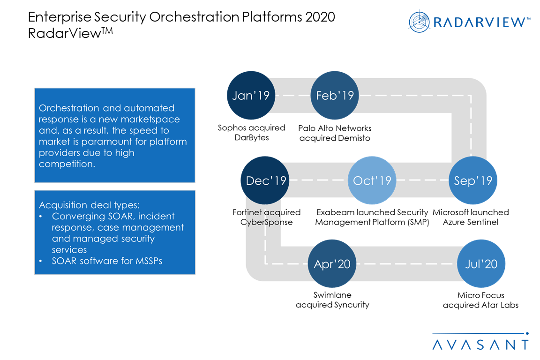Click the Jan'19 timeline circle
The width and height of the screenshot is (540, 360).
click(x=251, y=95)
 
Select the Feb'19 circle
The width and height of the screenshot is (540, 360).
click(x=335, y=95)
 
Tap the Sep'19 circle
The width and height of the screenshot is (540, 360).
click(x=472, y=180)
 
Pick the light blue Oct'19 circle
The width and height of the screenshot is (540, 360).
click(x=372, y=180)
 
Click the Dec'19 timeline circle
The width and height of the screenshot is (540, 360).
click(x=265, y=180)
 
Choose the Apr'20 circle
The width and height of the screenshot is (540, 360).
click(x=332, y=264)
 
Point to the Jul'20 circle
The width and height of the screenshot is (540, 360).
click(x=481, y=264)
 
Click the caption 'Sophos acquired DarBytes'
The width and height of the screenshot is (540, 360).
click(x=251, y=133)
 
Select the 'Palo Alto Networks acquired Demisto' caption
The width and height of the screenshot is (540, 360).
click(x=335, y=133)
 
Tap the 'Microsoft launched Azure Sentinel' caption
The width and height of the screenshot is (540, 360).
click(x=471, y=217)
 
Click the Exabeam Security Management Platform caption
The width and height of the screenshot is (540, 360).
click(x=372, y=217)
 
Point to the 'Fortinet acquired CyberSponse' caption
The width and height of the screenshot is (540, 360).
click(x=266, y=217)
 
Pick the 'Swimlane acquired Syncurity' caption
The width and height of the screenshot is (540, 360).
click(x=332, y=300)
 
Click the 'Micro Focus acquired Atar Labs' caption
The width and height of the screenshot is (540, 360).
click(x=480, y=300)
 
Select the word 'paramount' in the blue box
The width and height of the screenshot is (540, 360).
click(x=105, y=142)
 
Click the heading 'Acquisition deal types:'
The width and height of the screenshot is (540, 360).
click(x=89, y=205)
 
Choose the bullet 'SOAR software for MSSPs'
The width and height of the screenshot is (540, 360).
click(x=107, y=261)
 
